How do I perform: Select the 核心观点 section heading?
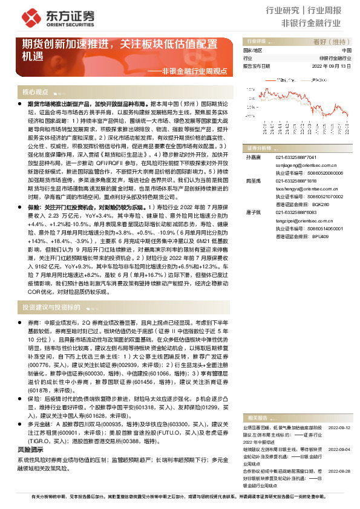[35, 92]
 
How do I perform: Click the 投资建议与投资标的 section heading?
[51, 307]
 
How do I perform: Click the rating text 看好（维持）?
[329, 42]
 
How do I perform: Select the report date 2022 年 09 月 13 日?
[333, 65]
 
